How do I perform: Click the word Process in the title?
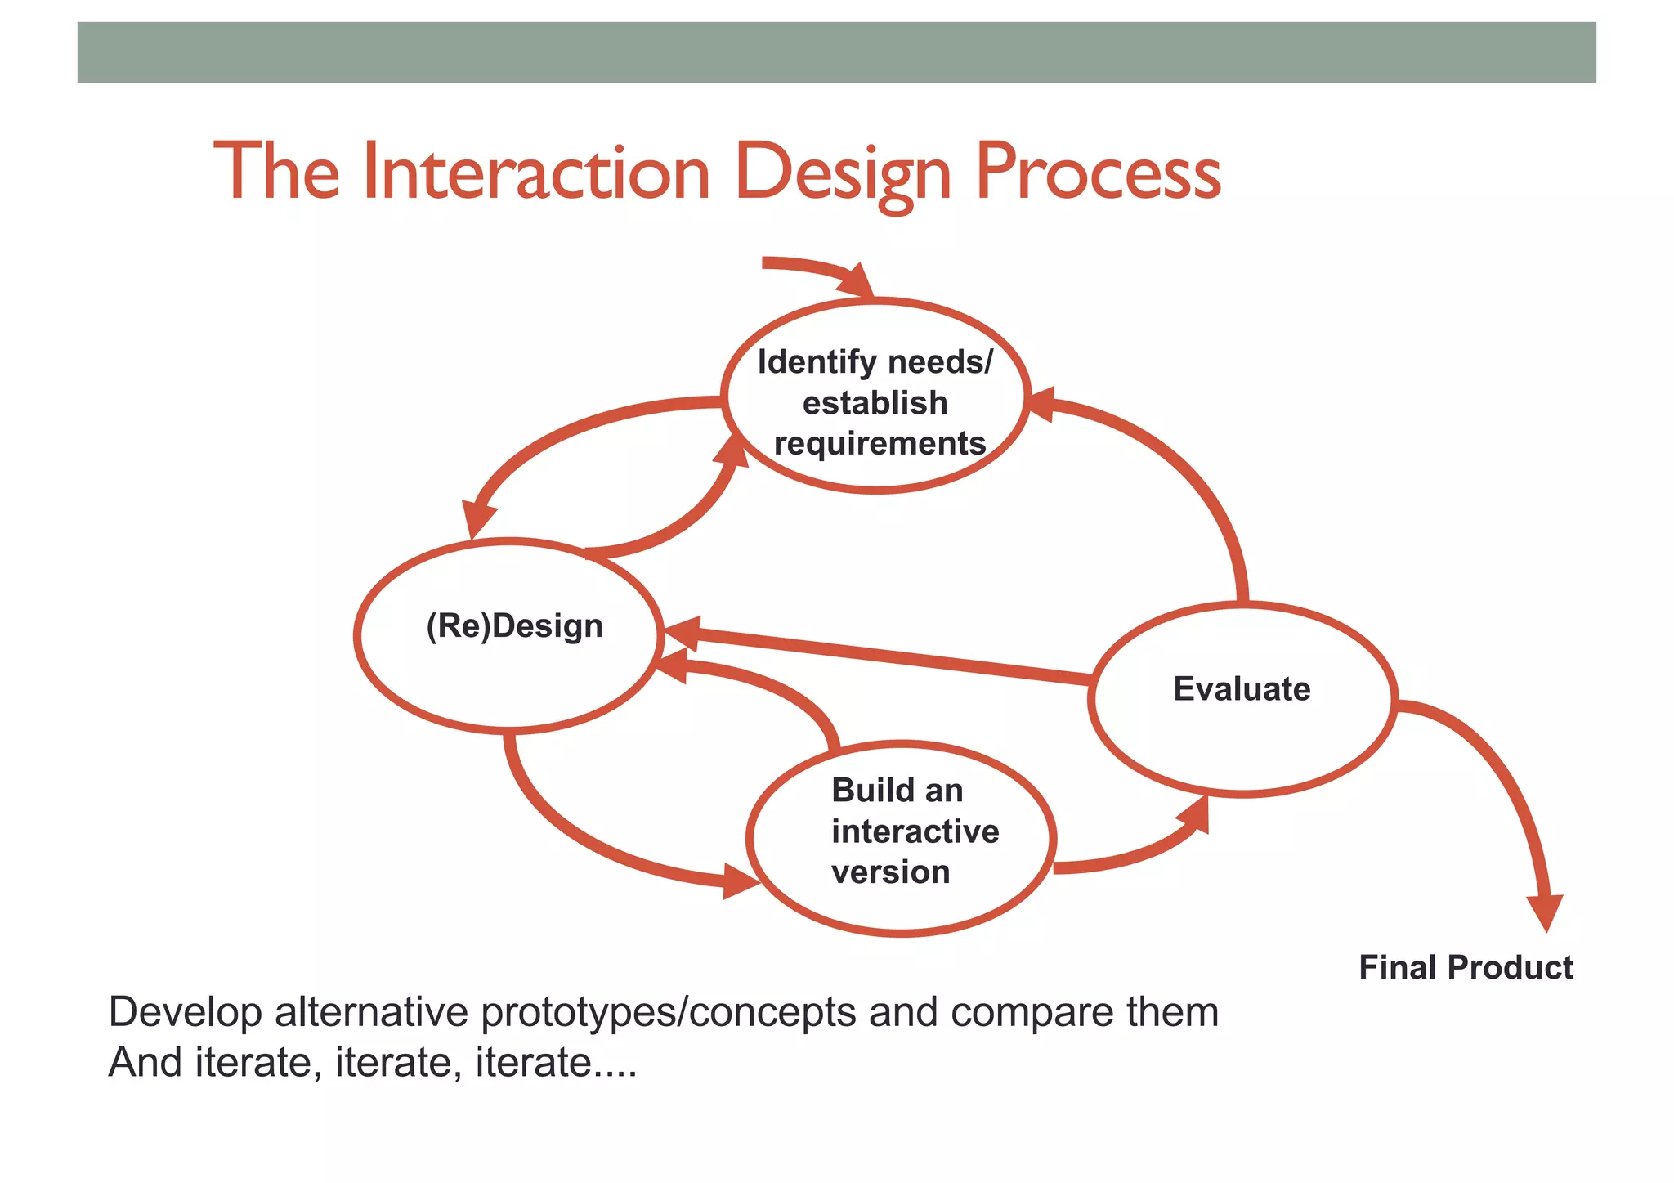tap(1098, 173)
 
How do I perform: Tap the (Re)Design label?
tap(514, 626)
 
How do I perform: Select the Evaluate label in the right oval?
tap(1242, 689)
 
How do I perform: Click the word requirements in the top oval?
tap(880, 443)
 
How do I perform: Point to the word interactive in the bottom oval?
tap(915, 831)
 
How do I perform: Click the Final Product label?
tap(1466, 967)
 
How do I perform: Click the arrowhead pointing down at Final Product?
tap(1545, 912)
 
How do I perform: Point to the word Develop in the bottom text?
tap(185, 1012)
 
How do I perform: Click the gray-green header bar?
tap(836, 52)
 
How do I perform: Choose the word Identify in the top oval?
tap(806, 361)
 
